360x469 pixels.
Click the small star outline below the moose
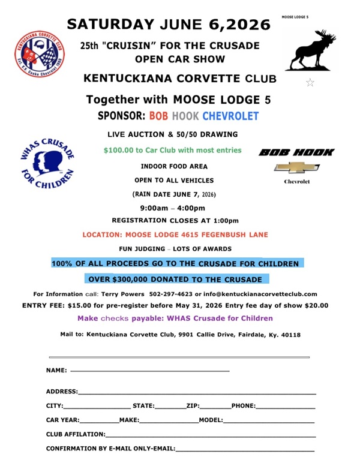click(x=310, y=83)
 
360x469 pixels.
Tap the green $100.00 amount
click(x=118, y=150)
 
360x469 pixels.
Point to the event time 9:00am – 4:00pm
click(x=172, y=208)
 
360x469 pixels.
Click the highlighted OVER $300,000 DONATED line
click(x=175, y=279)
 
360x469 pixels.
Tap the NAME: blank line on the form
click(x=149, y=372)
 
